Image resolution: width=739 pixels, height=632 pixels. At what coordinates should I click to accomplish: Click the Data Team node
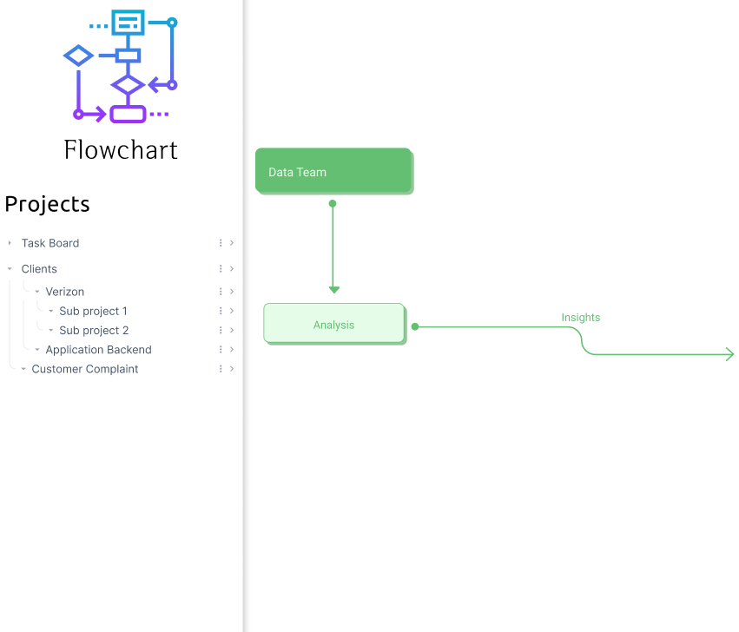(333, 171)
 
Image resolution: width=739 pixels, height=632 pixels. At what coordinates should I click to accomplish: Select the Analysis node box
(333, 324)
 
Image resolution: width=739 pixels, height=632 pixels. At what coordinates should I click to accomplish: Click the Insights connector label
(580, 318)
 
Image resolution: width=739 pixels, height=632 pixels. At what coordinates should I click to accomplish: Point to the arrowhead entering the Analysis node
(333, 289)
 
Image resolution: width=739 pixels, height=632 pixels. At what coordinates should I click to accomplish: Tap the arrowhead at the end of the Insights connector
(729, 354)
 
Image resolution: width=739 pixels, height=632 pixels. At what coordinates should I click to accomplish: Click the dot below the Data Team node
(333, 204)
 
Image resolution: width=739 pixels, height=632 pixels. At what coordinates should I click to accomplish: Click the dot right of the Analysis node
(415, 326)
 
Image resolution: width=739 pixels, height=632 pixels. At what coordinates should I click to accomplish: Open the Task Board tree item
(50, 243)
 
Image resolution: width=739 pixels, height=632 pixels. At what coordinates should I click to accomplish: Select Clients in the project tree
(39, 269)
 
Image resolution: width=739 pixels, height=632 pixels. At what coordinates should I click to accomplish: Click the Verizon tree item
(65, 292)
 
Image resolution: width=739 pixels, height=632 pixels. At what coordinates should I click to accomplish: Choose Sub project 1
(93, 311)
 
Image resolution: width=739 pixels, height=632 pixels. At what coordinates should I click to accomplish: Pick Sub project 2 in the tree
(93, 331)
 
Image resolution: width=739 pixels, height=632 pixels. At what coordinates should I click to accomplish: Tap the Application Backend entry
(98, 350)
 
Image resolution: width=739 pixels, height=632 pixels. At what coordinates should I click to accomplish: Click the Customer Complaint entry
(85, 369)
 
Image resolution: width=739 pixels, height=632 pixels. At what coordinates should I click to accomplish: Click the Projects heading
(47, 204)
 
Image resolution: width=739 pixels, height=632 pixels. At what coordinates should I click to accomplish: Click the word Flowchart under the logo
(121, 150)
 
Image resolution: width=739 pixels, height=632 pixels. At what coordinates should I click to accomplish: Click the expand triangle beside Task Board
(10, 243)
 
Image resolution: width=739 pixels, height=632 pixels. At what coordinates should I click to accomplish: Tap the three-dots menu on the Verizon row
(221, 292)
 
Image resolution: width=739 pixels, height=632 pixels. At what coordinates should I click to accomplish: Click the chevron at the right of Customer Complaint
(232, 369)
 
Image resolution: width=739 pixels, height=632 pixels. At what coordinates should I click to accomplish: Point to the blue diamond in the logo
(79, 56)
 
